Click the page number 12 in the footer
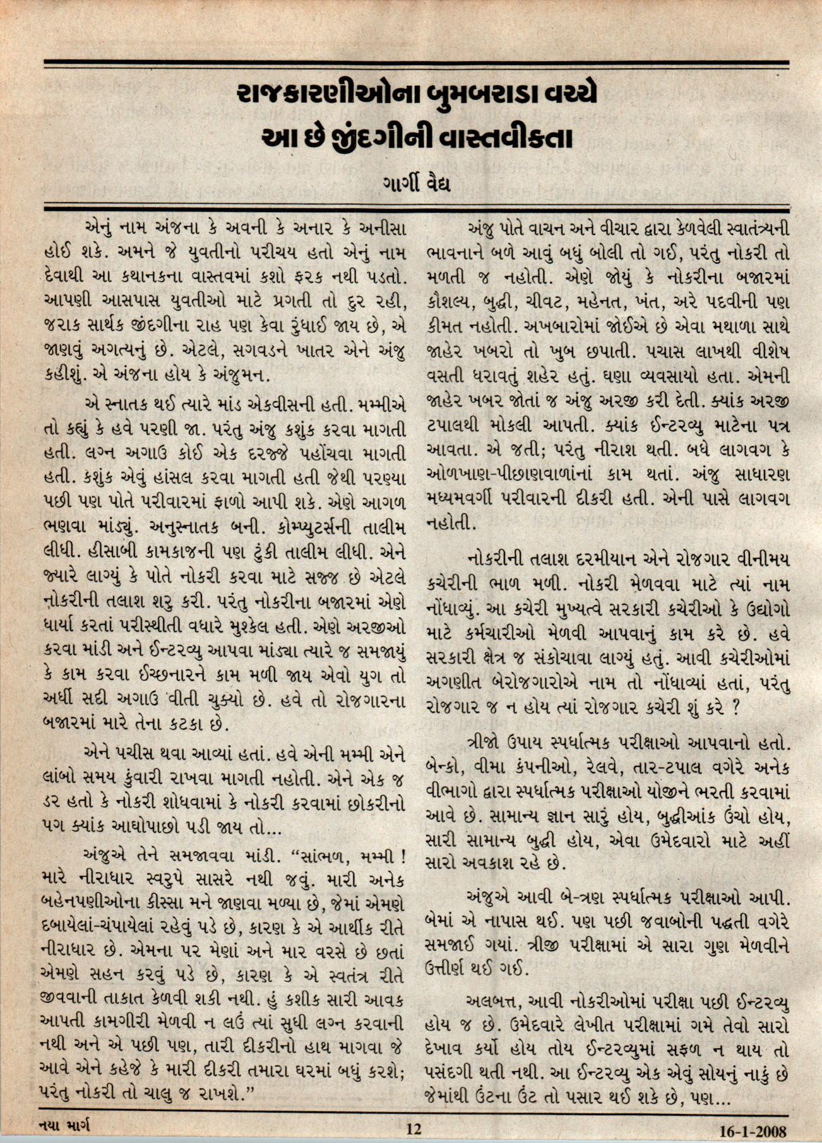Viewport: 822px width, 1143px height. pos(414,1128)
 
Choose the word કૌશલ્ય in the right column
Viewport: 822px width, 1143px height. pos(451,302)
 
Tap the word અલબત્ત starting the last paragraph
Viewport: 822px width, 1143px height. pos(491,1002)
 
